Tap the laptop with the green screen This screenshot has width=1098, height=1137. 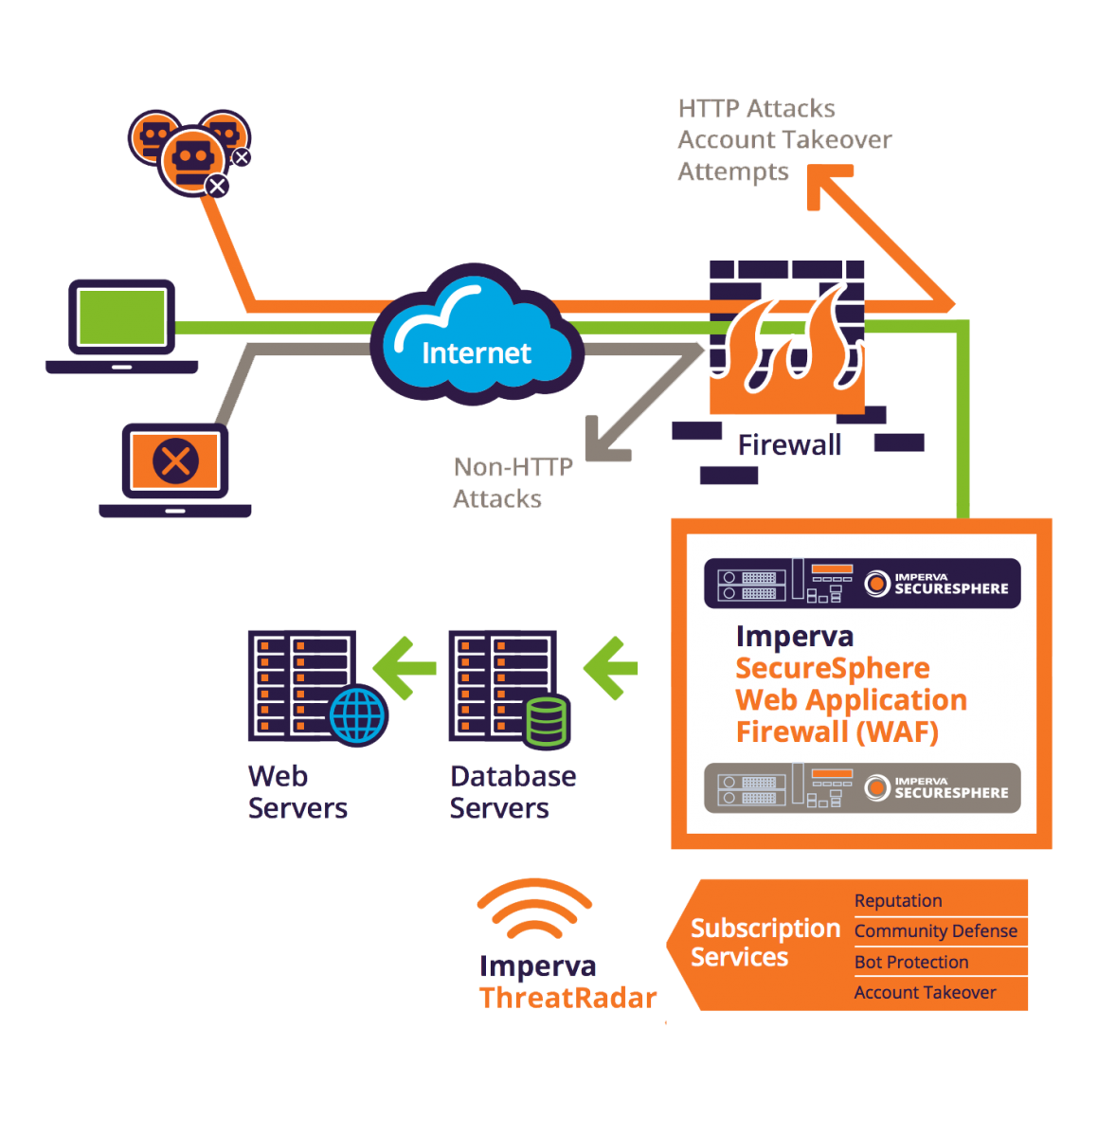123,322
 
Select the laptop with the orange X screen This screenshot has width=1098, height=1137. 175,466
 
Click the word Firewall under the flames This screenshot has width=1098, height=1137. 790,445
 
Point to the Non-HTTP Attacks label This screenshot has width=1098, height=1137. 512,482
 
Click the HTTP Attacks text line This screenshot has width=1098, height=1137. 757,109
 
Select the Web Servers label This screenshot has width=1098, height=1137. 297,792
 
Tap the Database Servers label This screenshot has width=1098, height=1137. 513,792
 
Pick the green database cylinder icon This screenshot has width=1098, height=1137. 546,722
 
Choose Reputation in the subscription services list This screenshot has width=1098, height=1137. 898,901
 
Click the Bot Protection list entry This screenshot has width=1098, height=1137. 911,963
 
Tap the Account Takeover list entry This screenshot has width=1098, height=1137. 925,993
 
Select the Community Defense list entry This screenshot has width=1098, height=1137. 935,931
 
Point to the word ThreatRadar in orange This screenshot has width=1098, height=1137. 567,998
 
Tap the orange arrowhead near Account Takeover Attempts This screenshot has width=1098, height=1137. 825,183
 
